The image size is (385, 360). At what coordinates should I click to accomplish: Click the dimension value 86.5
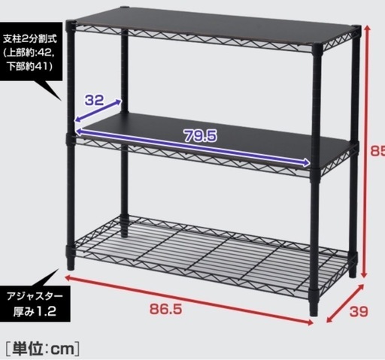165,309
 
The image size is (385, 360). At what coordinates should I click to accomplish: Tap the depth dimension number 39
359,311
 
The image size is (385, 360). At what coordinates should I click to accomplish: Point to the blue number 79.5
201,136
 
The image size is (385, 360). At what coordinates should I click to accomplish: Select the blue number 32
94,100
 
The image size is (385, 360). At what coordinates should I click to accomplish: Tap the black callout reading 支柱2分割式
31,52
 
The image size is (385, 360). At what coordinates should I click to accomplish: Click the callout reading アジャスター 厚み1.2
35,304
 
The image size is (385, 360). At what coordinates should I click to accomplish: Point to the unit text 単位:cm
43,349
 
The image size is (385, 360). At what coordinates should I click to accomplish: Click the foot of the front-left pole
71,266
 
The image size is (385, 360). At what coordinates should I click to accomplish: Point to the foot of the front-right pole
314,311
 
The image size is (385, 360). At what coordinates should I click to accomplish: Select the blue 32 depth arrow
99,111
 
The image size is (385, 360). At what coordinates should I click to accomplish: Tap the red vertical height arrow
367,151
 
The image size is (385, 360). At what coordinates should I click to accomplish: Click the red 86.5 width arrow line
189,299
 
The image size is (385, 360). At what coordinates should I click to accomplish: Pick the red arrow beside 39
345,303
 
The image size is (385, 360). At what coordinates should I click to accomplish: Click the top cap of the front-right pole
317,47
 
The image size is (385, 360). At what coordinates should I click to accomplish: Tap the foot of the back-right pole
353,273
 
